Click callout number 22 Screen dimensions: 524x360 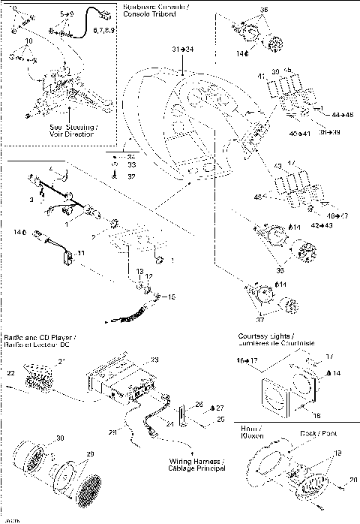[x=11, y=373]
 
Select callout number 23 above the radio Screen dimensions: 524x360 [x=154, y=360]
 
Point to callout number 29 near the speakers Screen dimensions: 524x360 [x=90, y=455]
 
